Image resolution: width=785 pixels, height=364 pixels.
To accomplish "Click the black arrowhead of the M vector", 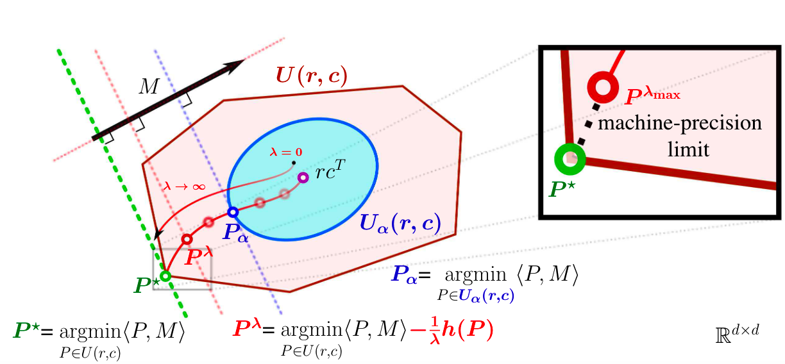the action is point(235,65).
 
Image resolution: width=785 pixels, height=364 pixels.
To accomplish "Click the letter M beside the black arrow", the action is point(149,86).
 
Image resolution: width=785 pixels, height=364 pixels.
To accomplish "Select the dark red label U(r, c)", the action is point(312,76).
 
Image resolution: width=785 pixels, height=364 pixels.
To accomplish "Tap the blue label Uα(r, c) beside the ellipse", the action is point(400,224).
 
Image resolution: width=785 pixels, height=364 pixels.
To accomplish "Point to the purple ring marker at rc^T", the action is point(303,178).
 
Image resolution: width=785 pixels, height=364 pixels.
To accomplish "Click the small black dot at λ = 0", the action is point(294,163).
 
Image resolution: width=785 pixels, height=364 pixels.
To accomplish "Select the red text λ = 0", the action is point(285,152).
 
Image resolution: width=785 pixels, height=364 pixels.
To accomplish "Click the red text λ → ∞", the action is point(184,186).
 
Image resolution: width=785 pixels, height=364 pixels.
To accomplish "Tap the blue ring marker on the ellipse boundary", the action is point(233,212).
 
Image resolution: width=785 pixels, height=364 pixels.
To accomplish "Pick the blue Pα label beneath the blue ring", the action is point(236,232).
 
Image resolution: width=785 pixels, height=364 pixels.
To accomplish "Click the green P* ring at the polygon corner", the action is point(165,276).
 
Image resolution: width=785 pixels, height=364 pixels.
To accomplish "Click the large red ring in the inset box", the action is point(603,87).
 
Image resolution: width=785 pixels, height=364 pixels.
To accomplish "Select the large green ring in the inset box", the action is point(570,159).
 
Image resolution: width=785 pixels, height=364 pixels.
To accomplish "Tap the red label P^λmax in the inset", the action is point(652,95).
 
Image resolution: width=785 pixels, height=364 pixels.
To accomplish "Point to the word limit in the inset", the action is point(688,149).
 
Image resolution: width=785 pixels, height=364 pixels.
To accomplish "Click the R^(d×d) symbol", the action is point(737,333).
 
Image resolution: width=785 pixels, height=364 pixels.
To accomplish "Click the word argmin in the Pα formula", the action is point(476,276).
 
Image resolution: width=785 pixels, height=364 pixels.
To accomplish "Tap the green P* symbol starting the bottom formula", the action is point(26,331).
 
